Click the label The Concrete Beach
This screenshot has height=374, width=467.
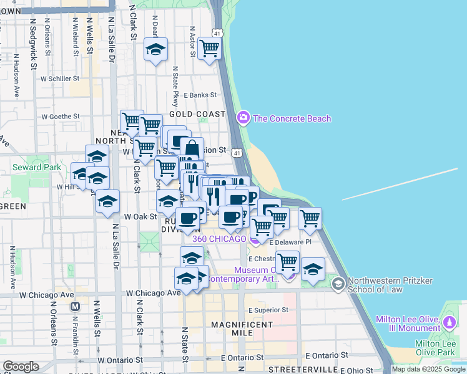(x=292, y=118)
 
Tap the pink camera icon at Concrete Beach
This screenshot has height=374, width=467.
(x=243, y=117)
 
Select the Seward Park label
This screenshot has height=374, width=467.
(x=36, y=167)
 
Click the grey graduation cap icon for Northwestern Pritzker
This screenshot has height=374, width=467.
(x=338, y=285)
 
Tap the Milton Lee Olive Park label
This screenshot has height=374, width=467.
(x=440, y=348)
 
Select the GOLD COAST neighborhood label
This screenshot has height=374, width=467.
(x=197, y=114)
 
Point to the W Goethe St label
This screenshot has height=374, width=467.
(x=61, y=116)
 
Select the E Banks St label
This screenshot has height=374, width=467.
(x=200, y=95)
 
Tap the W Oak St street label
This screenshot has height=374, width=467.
(x=140, y=216)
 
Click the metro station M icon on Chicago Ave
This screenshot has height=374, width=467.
(x=76, y=306)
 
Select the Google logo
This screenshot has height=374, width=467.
(x=21, y=367)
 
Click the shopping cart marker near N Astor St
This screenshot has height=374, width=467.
(x=209, y=48)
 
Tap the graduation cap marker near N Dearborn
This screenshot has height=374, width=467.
(x=155, y=49)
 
